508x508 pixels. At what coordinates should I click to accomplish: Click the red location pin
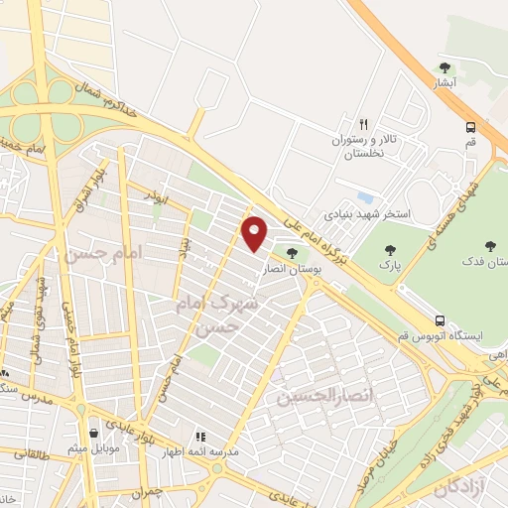click(x=255, y=233)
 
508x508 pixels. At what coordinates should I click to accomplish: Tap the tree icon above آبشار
click(x=444, y=68)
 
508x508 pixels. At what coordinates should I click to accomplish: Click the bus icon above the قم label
click(x=470, y=126)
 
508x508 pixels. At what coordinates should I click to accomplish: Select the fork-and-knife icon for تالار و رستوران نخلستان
click(x=363, y=124)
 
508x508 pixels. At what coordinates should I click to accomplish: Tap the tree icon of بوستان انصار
click(x=291, y=253)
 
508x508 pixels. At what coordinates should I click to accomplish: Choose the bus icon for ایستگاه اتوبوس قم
click(x=439, y=320)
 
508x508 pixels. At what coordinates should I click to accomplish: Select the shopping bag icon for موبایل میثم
click(x=93, y=433)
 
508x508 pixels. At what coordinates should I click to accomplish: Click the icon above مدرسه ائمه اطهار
click(x=200, y=436)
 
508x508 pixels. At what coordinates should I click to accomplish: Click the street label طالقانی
click(x=32, y=453)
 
